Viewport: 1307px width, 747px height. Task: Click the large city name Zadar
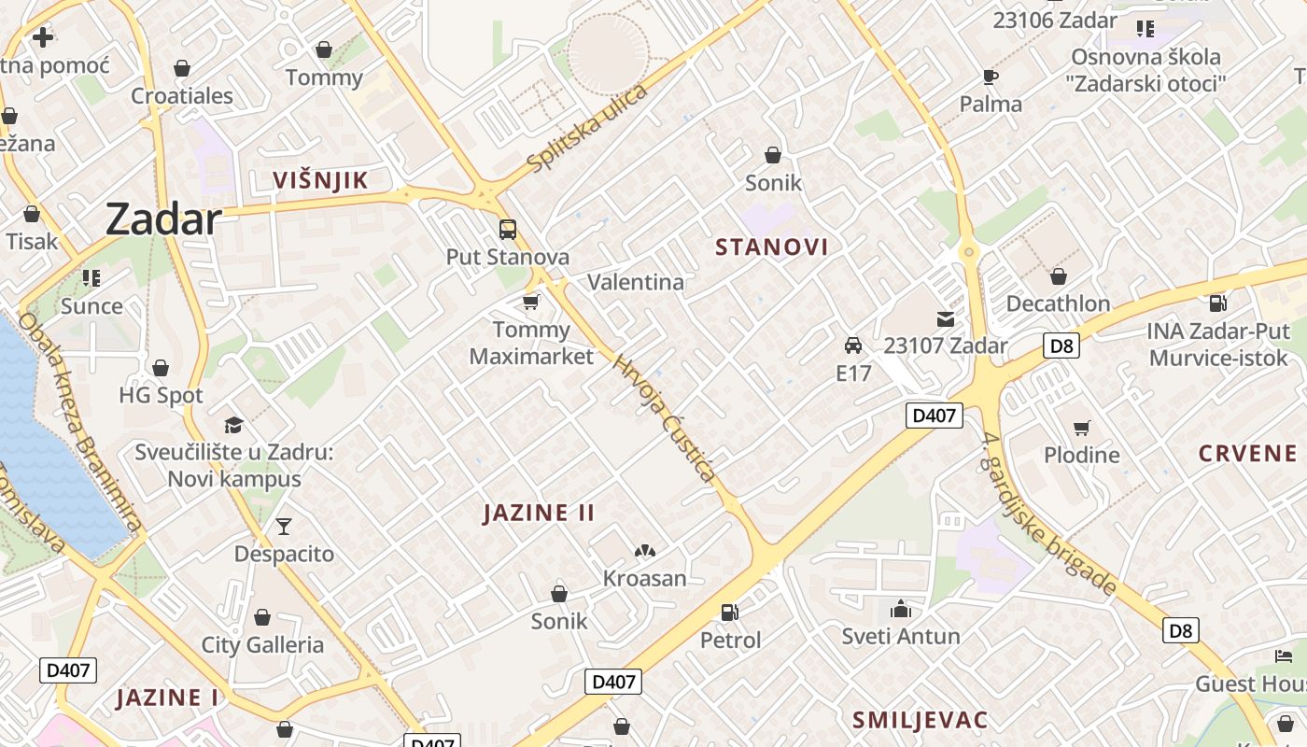click(163, 219)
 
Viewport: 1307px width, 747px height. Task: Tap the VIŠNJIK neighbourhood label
click(320, 180)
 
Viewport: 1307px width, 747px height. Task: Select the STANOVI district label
click(772, 247)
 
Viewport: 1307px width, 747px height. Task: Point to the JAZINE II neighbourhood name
click(540, 513)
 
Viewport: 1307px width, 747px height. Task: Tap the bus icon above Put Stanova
click(507, 229)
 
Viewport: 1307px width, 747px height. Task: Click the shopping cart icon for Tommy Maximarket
click(531, 302)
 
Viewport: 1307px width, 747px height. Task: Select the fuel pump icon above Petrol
click(730, 613)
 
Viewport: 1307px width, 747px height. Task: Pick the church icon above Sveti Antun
click(901, 609)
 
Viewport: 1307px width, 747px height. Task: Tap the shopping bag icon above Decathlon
click(1058, 276)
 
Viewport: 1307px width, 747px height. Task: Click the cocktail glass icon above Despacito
click(284, 527)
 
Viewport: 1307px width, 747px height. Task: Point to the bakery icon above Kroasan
click(644, 552)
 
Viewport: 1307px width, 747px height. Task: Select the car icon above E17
click(852, 345)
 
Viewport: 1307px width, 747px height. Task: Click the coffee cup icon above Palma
click(991, 77)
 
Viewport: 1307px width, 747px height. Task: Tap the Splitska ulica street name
click(587, 128)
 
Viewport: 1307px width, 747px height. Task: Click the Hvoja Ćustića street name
click(665, 417)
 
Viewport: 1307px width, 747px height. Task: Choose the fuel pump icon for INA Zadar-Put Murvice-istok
click(1217, 303)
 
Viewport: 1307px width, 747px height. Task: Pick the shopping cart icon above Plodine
click(1081, 428)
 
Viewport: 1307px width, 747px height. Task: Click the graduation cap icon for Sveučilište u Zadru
click(233, 425)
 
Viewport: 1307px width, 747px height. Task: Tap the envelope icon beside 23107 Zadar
click(946, 318)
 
